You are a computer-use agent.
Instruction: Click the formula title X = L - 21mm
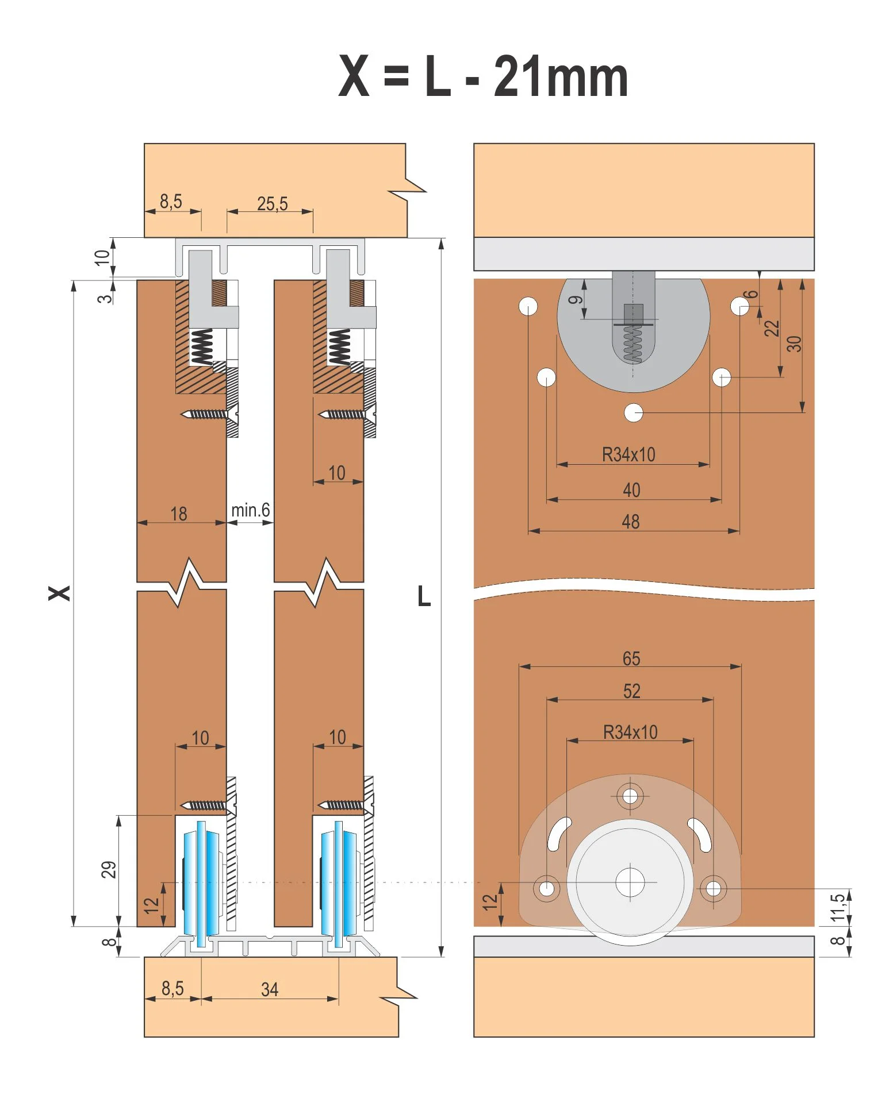[x=483, y=77]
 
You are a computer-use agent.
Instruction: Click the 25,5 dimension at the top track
[x=272, y=204]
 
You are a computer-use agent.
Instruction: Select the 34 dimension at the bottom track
[x=270, y=989]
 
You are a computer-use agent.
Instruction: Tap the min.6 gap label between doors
[x=250, y=510]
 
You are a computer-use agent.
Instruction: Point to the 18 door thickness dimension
[x=179, y=514]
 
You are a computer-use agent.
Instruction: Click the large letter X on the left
[x=59, y=593]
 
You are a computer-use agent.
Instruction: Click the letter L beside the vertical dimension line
[x=424, y=597]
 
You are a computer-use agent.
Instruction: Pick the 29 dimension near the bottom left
[x=109, y=869]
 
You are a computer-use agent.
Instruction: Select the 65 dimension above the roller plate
[x=631, y=658]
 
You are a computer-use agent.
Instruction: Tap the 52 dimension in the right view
[x=631, y=691]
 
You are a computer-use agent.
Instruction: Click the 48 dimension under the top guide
[x=630, y=522]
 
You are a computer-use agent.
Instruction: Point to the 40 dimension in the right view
[x=631, y=490]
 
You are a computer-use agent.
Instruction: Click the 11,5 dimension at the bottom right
[x=838, y=906]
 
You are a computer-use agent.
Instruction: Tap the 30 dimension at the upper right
[x=794, y=344]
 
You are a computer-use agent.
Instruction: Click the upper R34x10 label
[x=628, y=454]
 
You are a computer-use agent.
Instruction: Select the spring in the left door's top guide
[x=202, y=347]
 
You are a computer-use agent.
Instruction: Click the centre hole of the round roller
[x=630, y=882]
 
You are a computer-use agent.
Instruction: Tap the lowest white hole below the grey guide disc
[x=634, y=412]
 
